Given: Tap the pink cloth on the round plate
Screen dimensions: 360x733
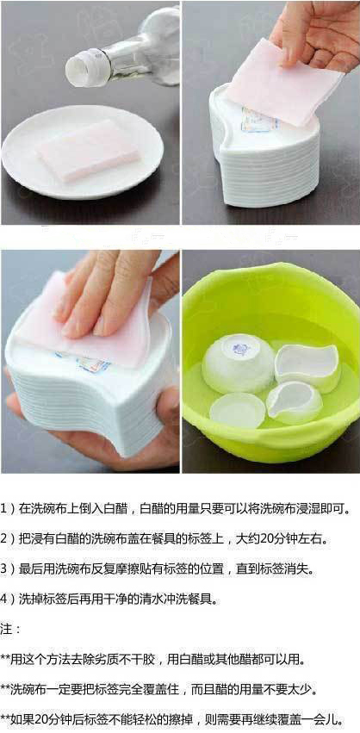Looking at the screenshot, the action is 89,150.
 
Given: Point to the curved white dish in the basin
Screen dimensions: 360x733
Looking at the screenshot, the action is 307,364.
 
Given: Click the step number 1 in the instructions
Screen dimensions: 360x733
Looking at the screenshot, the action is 3,508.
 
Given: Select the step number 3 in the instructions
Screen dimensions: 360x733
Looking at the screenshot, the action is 3,568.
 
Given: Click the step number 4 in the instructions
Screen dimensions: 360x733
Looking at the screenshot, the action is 3,599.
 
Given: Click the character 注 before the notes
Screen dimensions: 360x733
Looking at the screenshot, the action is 7,629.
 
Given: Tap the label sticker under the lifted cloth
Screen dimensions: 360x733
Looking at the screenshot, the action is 260,120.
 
